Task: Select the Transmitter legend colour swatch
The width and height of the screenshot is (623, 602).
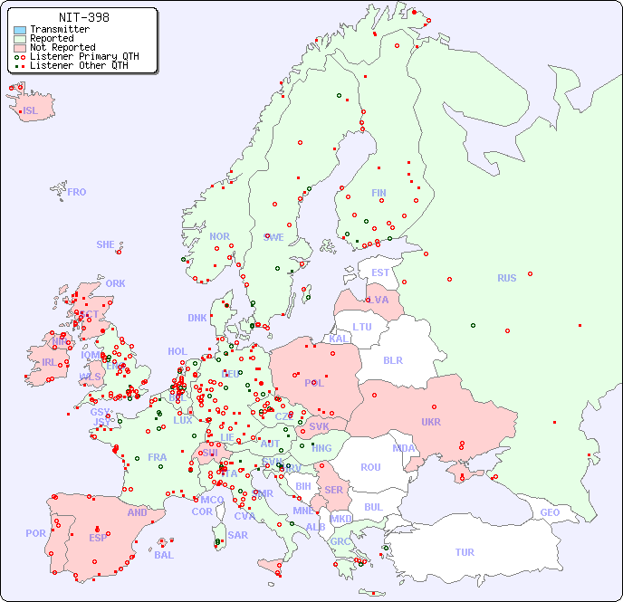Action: click(x=20, y=29)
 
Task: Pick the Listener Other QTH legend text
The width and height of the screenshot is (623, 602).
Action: click(x=84, y=65)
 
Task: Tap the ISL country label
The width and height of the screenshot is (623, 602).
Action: click(x=31, y=111)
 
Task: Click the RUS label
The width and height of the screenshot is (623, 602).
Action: click(x=506, y=278)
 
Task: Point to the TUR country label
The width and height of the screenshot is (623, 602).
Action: click(x=465, y=552)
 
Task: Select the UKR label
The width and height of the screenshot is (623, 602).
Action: click(x=430, y=422)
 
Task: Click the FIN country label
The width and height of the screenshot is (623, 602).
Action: click(x=379, y=193)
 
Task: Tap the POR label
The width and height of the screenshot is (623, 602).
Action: click(x=35, y=533)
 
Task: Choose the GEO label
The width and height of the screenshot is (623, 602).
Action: click(x=550, y=512)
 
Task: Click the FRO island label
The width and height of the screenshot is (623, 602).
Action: click(x=77, y=192)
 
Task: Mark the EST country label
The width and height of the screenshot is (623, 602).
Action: click(x=380, y=272)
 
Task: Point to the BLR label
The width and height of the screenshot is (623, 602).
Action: click(x=392, y=359)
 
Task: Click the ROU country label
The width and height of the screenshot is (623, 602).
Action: click(x=370, y=467)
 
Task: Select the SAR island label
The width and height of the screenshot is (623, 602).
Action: click(x=237, y=535)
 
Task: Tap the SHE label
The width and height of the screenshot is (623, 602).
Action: click(x=106, y=244)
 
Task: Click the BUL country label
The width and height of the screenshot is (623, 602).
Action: click(x=373, y=507)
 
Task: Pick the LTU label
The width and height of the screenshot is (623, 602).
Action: click(x=362, y=327)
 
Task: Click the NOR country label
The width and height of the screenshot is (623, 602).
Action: click(x=219, y=236)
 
